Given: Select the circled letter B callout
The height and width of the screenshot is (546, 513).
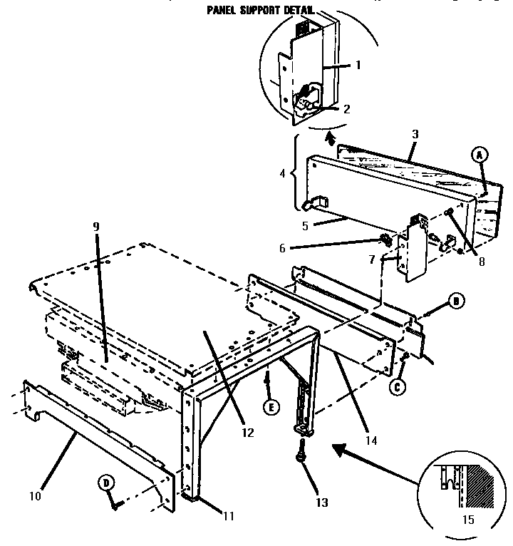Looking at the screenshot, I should click(x=457, y=301).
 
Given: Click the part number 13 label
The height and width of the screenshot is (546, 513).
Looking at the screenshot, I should click(x=322, y=503).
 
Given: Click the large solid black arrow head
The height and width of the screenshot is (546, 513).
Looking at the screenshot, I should click(x=339, y=450).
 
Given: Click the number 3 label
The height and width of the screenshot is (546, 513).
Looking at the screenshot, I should click(x=415, y=134).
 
